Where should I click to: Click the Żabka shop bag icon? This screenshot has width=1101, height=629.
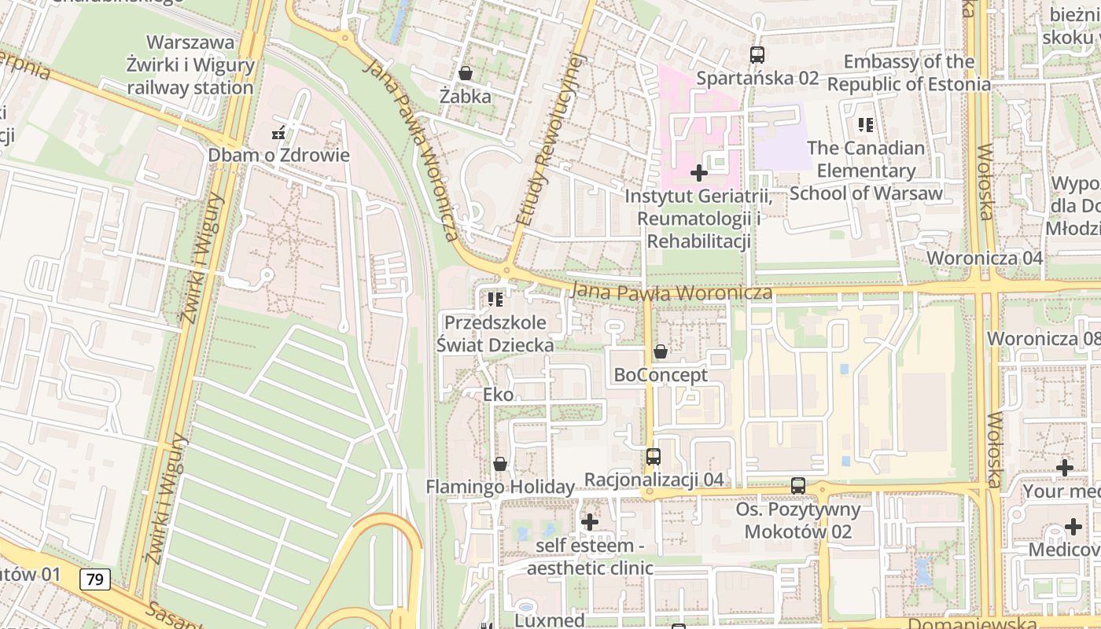(x=466, y=73)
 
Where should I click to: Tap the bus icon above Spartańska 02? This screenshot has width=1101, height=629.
(x=757, y=55)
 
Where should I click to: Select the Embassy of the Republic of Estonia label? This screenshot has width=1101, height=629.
(x=908, y=72)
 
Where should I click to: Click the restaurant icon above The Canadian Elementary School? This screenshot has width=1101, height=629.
(x=866, y=124)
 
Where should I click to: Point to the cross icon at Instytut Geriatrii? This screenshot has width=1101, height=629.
(x=698, y=172)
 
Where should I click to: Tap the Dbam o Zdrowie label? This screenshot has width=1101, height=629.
(x=278, y=155)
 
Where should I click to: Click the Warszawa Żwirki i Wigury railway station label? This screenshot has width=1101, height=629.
(x=190, y=64)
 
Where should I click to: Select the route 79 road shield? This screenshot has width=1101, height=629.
(x=94, y=580)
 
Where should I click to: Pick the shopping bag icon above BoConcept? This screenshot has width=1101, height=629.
(x=661, y=351)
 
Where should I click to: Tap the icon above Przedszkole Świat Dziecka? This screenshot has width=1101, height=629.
(x=495, y=299)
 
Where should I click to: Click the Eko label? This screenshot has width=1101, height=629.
(x=499, y=395)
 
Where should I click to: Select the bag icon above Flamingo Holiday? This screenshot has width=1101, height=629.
(x=499, y=464)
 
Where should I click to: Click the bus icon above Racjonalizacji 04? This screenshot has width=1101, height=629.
(x=653, y=456)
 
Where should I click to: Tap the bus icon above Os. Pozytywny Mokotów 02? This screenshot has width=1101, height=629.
(x=798, y=486)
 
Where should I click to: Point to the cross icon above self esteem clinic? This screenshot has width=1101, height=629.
(x=590, y=521)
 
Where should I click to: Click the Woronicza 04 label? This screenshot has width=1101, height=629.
(x=985, y=258)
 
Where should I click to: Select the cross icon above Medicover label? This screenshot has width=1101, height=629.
(x=1073, y=527)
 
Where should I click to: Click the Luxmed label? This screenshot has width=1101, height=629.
(x=549, y=620)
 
